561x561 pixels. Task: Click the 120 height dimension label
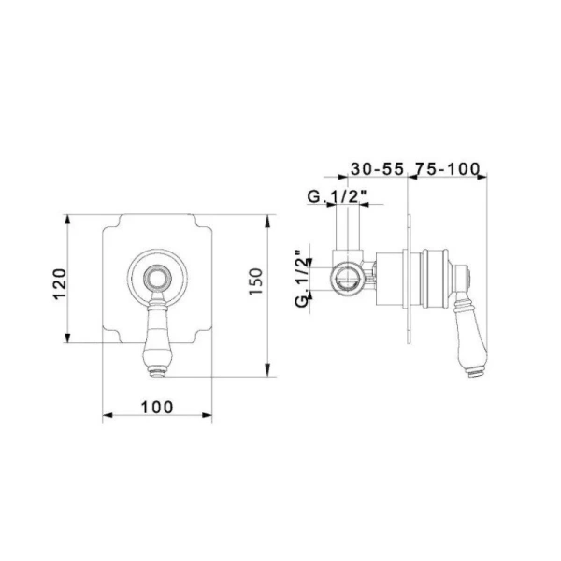coord(60,283)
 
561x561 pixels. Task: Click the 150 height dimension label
coord(256,281)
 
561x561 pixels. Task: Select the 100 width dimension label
coord(157,407)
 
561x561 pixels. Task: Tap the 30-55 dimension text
coord(377,169)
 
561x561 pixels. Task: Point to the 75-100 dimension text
coord(447,169)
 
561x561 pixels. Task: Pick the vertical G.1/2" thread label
coord(301,279)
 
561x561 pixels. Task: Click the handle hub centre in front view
coord(157,278)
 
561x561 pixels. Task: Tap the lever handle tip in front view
coord(157,375)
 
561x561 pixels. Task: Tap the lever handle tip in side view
coord(474,375)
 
